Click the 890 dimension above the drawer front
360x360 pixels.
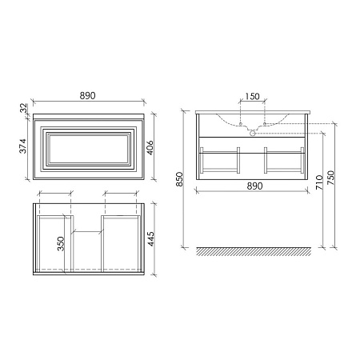pyautogui.click(x=88, y=95)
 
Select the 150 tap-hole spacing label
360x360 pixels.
pyautogui.click(x=252, y=97)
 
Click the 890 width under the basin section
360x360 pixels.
pyautogui.click(x=252, y=185)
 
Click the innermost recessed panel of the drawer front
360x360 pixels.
pyautogui.click(x=88, y=149)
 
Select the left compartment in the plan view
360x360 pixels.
pyautogui.click(x=54, y=240)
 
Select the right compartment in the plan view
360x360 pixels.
pyautogui.click(x=122, y=240)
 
